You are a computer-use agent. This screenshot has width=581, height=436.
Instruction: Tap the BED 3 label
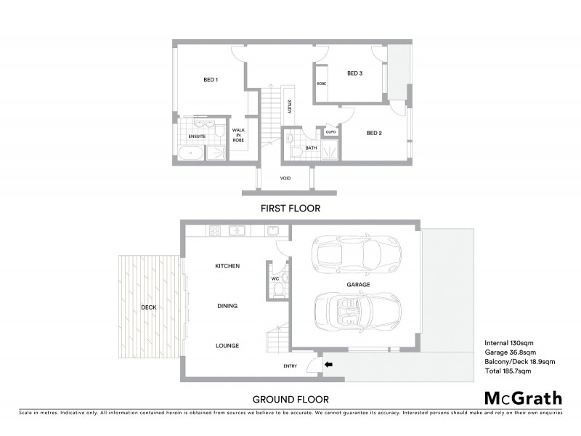(354, 73)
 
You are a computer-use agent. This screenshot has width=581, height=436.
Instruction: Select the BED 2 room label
(374, 132)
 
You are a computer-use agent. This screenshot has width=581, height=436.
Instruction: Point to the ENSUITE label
(197, 136)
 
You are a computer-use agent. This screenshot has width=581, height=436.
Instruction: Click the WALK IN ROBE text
(238, 134)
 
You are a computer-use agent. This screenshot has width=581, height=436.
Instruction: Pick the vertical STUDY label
(289, 106)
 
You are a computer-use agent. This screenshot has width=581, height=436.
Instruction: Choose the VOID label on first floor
(285, 178)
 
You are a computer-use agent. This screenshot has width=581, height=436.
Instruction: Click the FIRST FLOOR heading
(290, 208)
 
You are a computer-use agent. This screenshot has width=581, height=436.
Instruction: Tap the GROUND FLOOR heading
(290, 398)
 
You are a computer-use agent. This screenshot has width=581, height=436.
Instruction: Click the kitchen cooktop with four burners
(215, 231)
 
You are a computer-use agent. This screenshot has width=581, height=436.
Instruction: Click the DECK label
(149, 307)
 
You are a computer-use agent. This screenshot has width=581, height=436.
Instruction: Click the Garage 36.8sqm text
(512, 352)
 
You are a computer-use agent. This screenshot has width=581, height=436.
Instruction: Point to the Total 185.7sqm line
(508, 371)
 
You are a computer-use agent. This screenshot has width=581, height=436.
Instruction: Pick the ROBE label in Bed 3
(321, 84)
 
